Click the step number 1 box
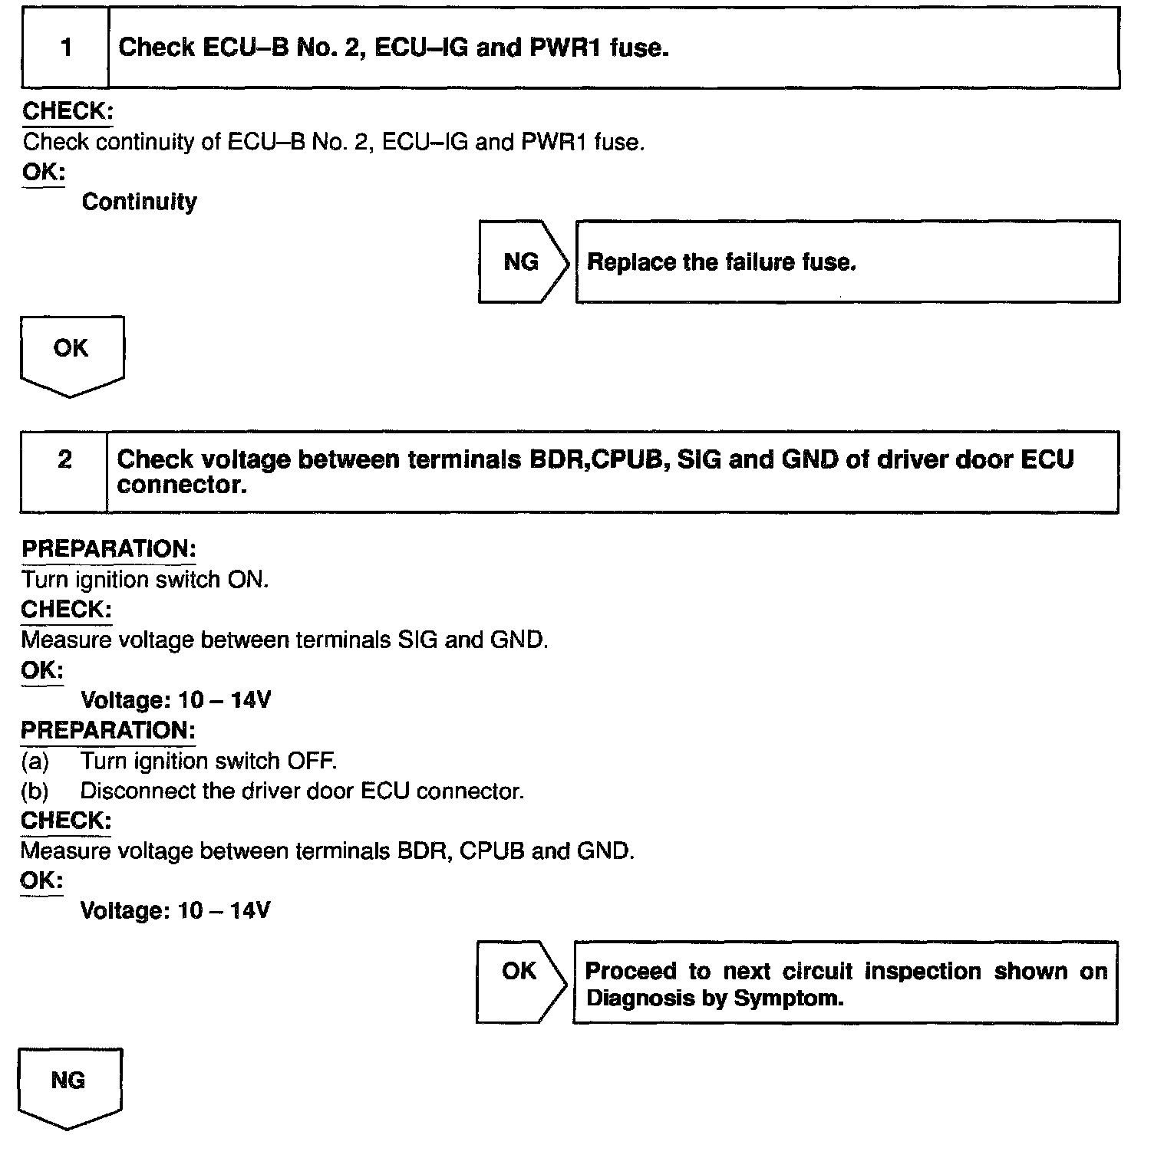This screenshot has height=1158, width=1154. (66, 48)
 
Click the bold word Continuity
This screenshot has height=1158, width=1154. (139, 202)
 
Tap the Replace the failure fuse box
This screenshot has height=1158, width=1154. (846, 262)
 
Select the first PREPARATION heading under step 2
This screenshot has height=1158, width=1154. (108, 549)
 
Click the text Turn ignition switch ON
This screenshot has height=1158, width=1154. (145, 580)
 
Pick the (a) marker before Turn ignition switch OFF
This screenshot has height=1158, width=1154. (35, 762)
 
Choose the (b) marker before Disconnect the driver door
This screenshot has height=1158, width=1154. (35, 791)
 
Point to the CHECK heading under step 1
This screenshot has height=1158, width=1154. (68, 111)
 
